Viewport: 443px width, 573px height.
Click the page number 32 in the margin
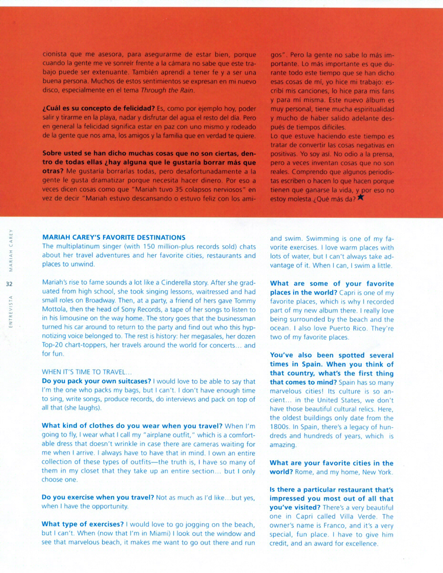[x=9, y=284]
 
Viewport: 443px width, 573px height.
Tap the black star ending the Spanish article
[x=360, y=198]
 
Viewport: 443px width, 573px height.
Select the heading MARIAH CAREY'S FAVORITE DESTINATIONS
[x=114, y=237]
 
